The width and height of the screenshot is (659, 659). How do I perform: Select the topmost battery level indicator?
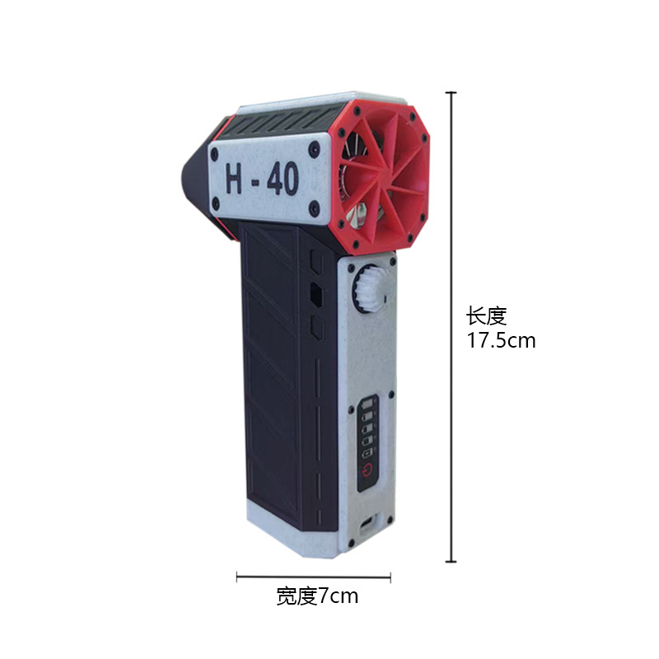click(368, 404)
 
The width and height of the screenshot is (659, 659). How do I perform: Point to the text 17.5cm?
click(502, 340)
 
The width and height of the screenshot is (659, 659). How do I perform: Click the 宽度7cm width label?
click(317, 596)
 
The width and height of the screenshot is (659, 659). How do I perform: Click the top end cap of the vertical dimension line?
click(451, 93)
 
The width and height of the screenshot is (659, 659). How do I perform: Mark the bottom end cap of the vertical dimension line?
click(451, 562)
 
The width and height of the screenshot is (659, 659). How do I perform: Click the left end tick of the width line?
click(238, 577)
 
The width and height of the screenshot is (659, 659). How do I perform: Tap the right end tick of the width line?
click(390, 577)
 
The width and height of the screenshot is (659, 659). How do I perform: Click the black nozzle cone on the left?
click(195, 177)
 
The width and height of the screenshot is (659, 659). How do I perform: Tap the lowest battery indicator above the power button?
click(368, 452)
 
